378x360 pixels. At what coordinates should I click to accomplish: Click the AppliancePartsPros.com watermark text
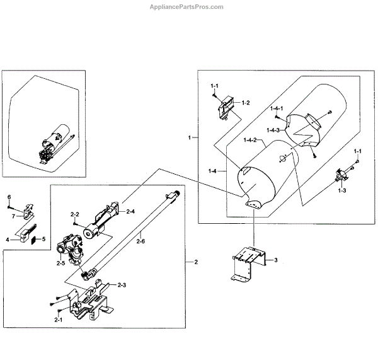point(185,7)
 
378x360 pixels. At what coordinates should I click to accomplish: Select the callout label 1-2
point(246,102)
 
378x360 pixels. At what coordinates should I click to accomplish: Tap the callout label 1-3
point(342,190)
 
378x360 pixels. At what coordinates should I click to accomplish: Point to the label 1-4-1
point(277,108)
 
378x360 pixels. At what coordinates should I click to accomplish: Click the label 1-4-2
point(250,140)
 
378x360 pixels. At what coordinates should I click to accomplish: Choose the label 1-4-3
point(273,130)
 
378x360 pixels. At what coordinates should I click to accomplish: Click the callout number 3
point(275,260)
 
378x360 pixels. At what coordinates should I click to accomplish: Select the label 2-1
point(58,320)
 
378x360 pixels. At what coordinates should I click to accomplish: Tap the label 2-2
point(74,214)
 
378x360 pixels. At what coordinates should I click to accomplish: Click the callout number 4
point(8,239)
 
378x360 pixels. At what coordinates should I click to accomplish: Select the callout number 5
point(43,239)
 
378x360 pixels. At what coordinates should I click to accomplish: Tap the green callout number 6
point(9,197)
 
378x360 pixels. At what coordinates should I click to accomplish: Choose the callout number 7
point(12,216)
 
